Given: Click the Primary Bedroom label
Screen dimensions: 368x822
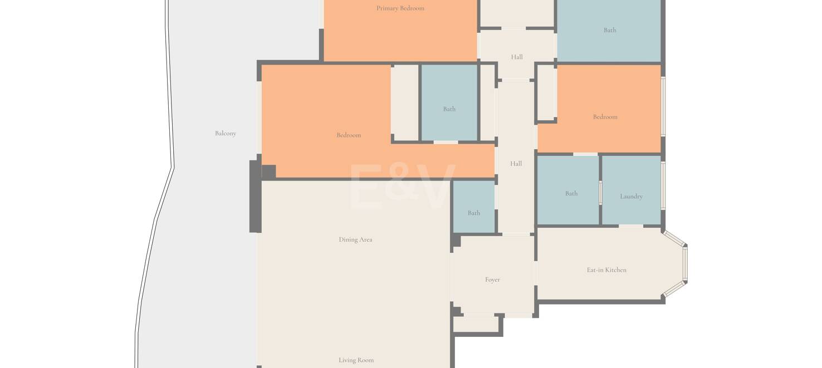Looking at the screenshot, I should (x=400, y=8).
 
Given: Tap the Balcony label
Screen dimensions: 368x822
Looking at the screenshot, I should (x=226, y=134).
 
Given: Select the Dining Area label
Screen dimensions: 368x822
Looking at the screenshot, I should (x=355, y=240).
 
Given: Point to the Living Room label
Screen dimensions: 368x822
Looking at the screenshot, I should (x=356, y=360).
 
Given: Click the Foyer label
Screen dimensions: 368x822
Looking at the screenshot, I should (x=492, y=280).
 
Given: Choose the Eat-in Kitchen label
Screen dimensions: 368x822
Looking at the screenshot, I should (x=606, y=270).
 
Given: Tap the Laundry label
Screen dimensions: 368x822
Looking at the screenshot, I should (x=631, y=197).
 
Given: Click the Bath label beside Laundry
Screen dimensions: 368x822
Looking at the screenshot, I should (x=571, y=194).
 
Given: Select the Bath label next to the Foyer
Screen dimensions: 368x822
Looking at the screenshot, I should (x=474, y=213).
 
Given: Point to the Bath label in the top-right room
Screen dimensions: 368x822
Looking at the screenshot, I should (x=610, y=31).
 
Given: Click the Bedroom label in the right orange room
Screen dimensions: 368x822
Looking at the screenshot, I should (x=605, y=117).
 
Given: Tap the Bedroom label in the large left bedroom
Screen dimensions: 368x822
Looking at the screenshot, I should (x=349, y=135).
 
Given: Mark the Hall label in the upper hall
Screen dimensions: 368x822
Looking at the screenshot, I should (x=517, y=57).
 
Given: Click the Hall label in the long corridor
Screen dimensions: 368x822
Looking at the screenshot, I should (x=516, y=164).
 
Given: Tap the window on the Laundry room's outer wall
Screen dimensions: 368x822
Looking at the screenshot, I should (x=663, y=185).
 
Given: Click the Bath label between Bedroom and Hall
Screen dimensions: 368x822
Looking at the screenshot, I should (x=449, y=109).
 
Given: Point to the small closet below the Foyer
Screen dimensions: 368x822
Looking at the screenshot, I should (x=477, y=324).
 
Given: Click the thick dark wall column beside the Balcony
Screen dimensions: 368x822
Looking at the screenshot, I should (x=255, y=196).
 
